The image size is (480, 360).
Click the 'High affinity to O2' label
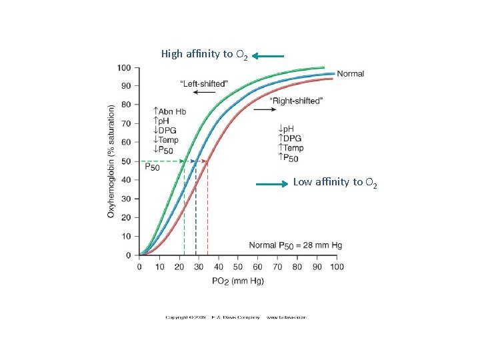tap(205, 54)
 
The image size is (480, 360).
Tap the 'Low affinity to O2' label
tap(335, 182)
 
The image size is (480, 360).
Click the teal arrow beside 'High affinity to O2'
tap(269, 57)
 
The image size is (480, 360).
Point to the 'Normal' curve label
tap(351, 73)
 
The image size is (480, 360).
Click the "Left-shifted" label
tap(204, 83)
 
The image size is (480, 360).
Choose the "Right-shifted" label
tap(296, 101)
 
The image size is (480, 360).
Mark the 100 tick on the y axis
tap(124, 67)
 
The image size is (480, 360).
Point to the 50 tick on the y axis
tap(126, 161)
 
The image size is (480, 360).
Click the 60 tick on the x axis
tap(258, 267)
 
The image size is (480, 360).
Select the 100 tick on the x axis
tap(337, 267)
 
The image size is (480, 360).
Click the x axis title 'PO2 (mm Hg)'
tap(238, 281)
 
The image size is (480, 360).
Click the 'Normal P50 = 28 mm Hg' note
tap(295, 245)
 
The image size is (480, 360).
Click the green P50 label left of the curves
tap(152, 167)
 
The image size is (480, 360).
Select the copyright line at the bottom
tap(236, 317)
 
